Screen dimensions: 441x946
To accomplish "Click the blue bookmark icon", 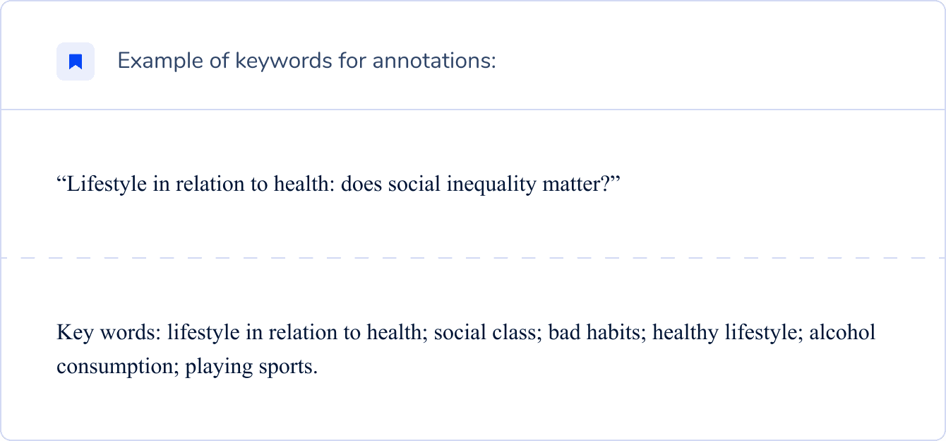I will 76,61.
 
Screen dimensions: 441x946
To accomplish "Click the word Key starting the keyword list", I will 72,332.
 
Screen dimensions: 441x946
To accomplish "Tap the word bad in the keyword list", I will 562,332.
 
